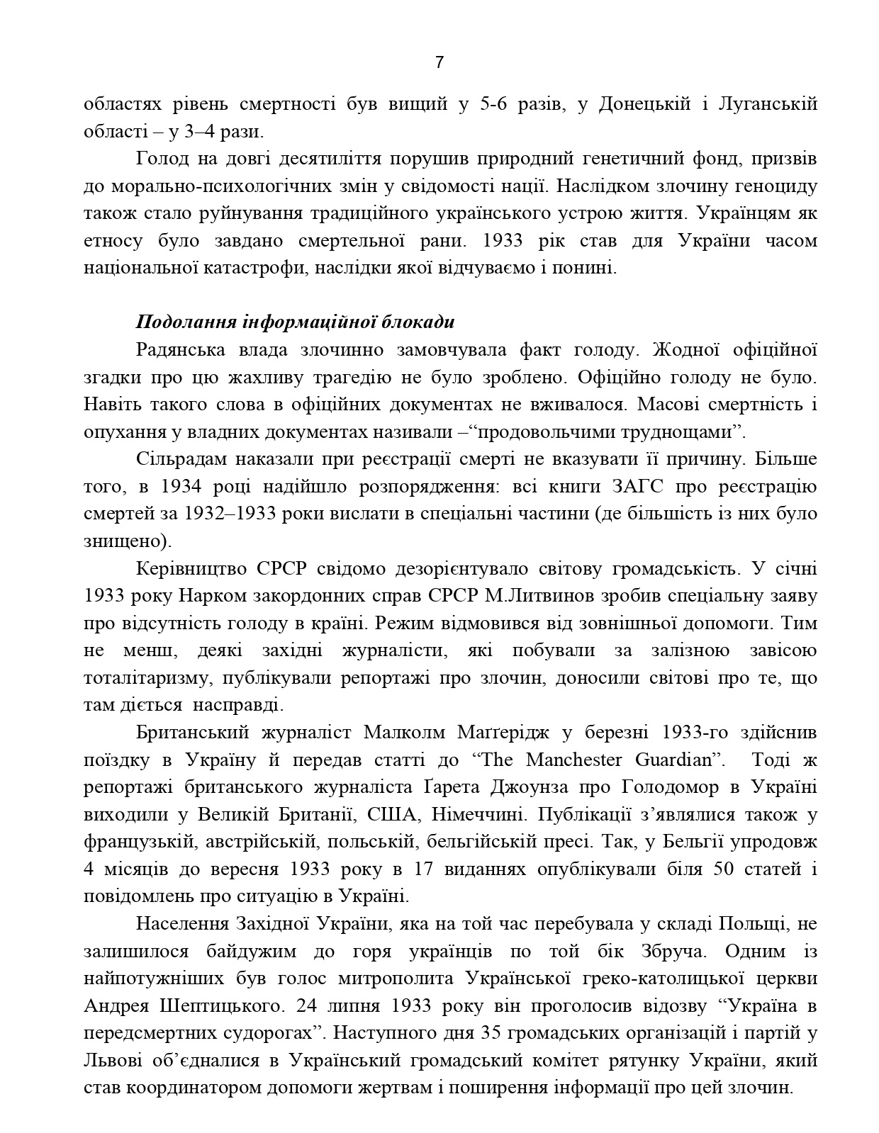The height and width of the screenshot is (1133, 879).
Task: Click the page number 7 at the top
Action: coord(439,62)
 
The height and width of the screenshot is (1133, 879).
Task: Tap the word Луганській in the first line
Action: coord(768,104)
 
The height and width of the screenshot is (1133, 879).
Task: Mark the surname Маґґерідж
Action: coord(526,732)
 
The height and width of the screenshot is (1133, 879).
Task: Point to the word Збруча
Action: coord(667,952)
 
